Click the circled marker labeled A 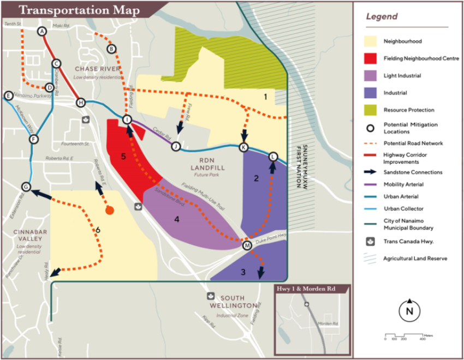coord(41,32)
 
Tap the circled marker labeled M coord(247,246)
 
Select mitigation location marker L coord(273,157)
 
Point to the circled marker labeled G coord(26,187)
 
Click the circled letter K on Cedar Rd coord(244,147)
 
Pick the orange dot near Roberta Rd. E coord(109,210)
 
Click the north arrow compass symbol coord(409,311)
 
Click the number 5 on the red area coord(123,157)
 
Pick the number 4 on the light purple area coord(176,219)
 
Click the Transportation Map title coord(80,10)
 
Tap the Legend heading coord(382,17)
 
